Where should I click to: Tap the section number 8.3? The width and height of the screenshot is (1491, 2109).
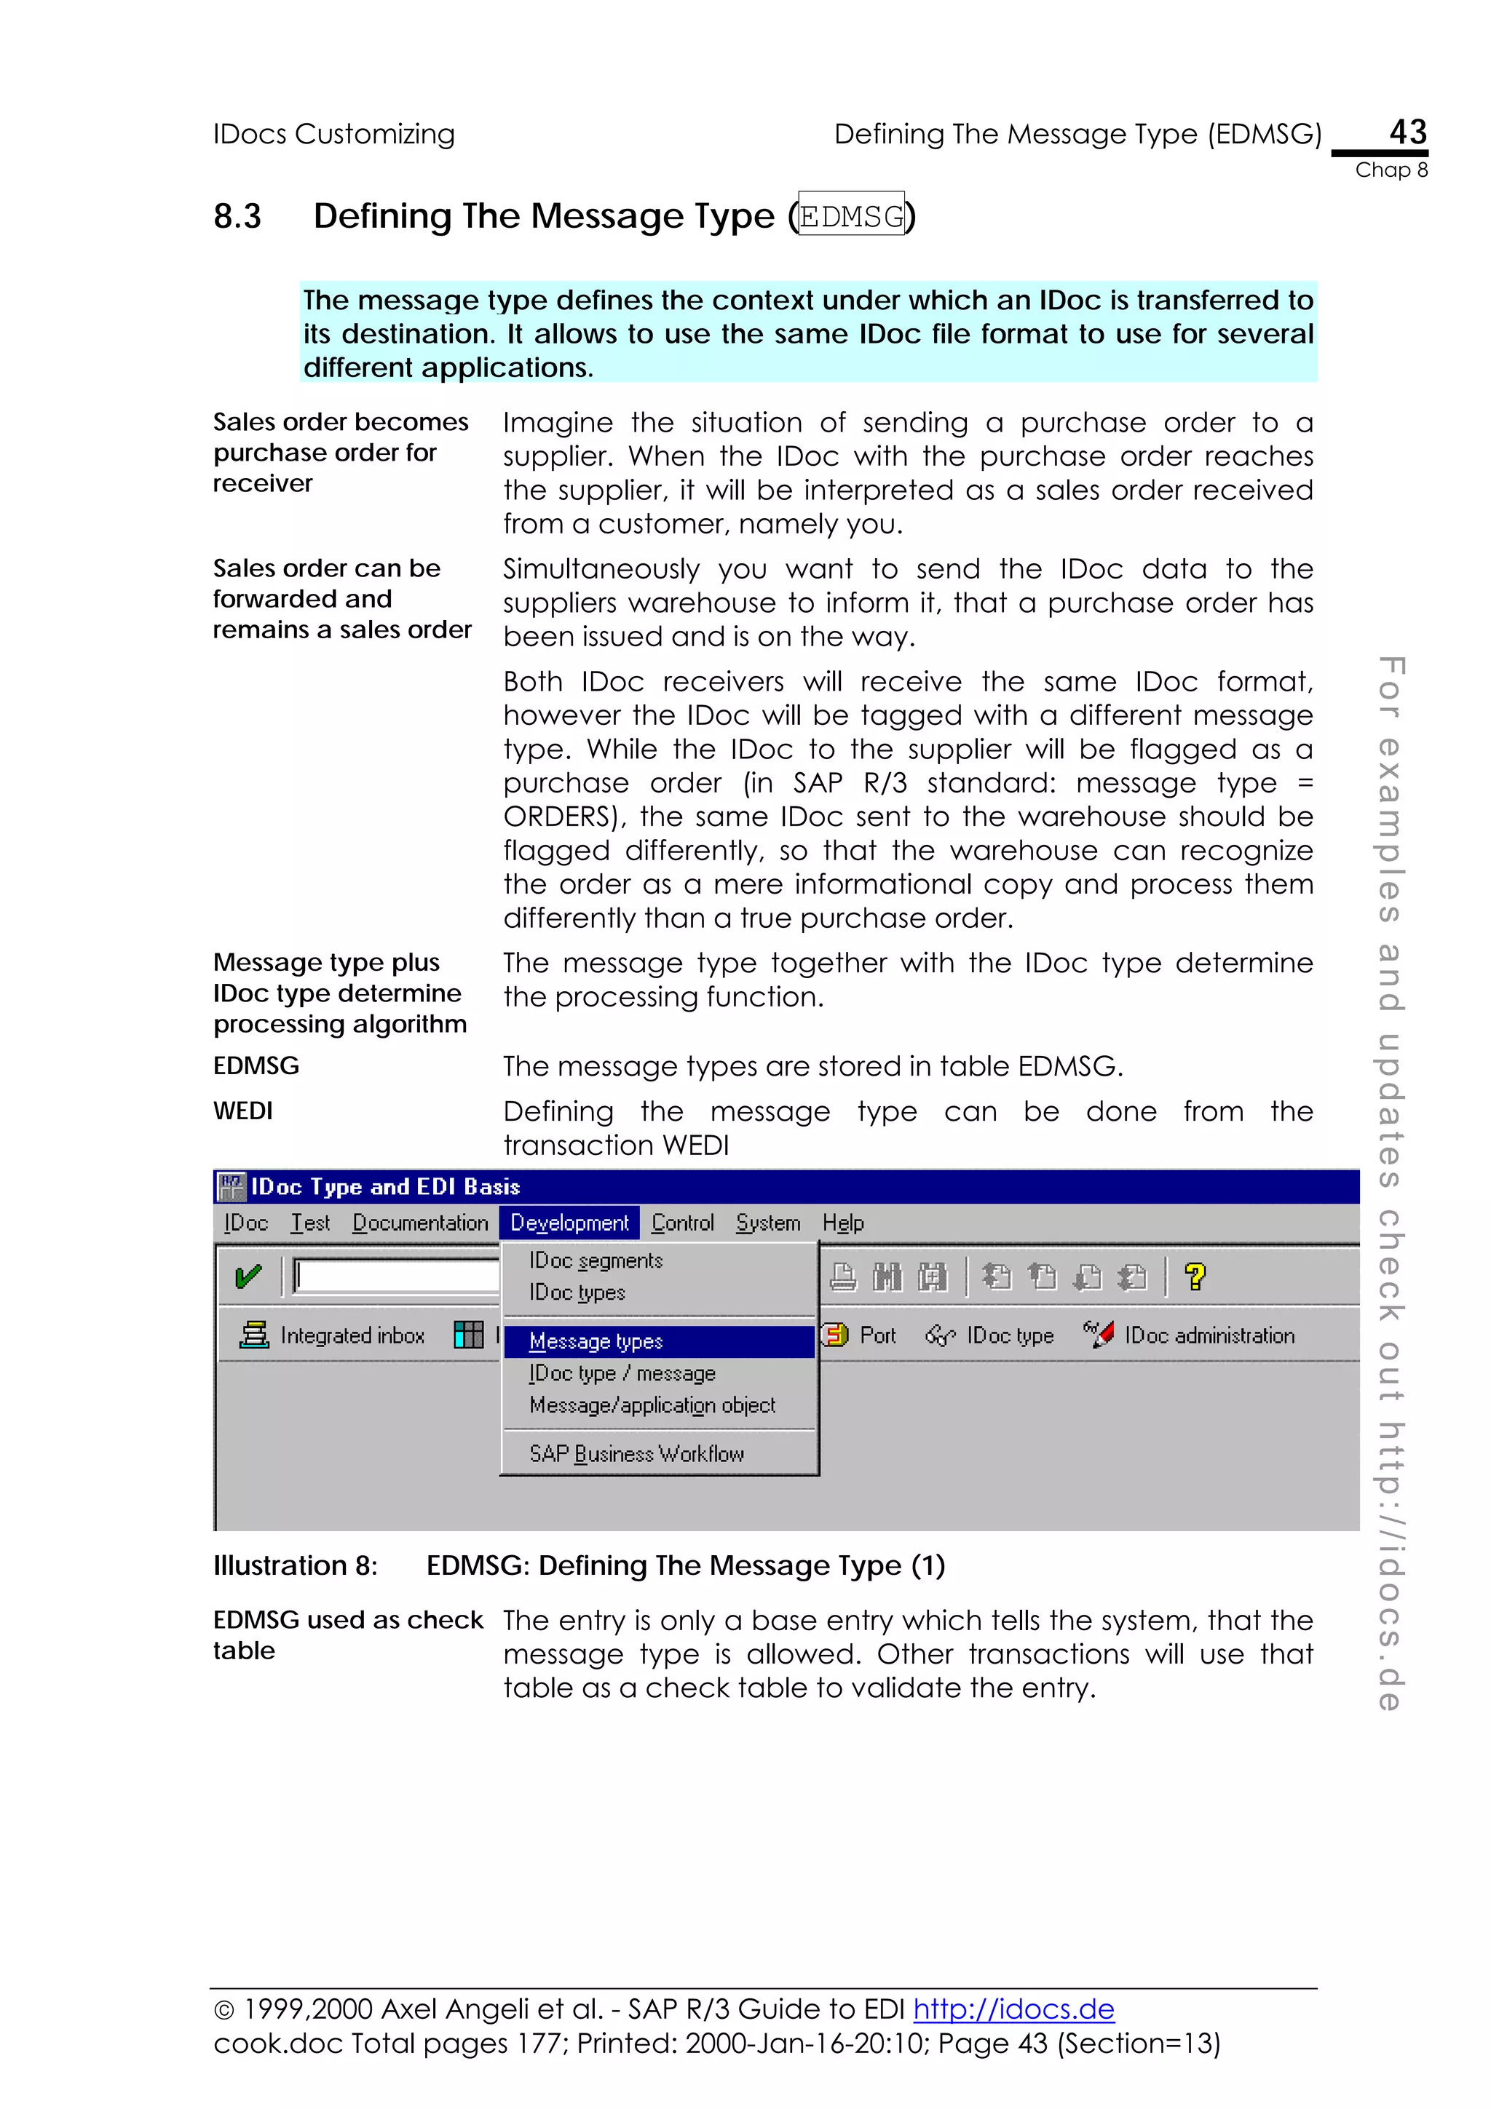click(237, 217)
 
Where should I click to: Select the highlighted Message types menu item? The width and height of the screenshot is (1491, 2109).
click(596, 1341)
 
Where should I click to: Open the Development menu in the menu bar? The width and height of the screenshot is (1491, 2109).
click(569, 1223)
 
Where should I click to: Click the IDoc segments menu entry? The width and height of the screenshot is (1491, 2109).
click(596, 1260)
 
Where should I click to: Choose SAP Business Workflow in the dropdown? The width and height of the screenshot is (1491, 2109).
click(636, 1453)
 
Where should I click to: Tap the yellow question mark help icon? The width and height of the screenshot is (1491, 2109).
click(1194, 1276)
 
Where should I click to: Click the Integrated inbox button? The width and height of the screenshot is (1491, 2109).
click(333, 1335)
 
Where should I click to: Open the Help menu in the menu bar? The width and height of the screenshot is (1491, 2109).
click(842, 1223)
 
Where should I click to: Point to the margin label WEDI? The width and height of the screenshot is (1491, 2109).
click(242, 1111)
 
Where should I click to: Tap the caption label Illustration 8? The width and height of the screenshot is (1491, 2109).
click(295, 1565)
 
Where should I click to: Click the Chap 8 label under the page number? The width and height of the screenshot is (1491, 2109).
click(1391, 170)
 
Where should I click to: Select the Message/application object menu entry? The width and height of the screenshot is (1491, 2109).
click(652, 1405)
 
